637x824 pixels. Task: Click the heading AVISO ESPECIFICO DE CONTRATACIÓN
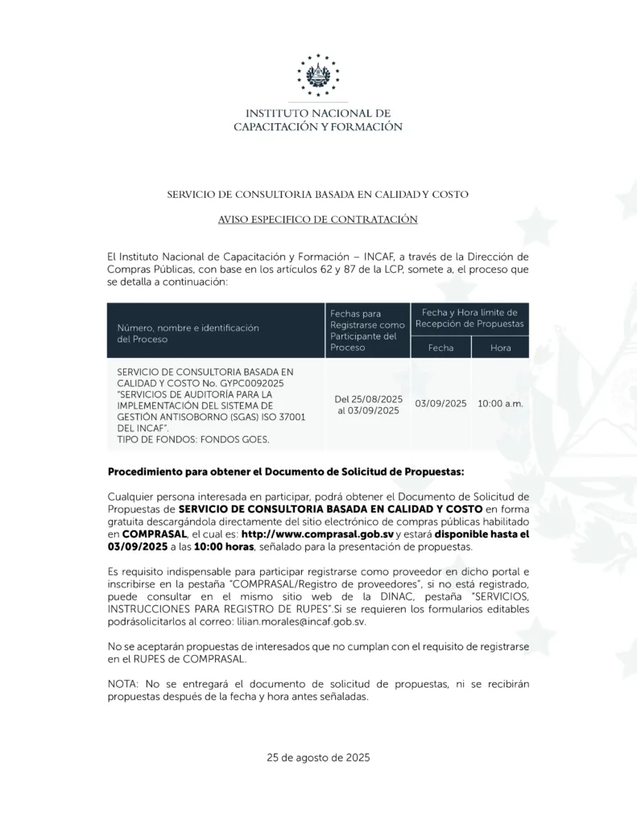pyautogui.click(x=317, y=219)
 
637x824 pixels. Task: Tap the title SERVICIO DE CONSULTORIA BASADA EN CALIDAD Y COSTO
pyautogui.click(x=317, y=194)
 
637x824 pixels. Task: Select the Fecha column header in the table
pyautogui.click(x=441, y=348)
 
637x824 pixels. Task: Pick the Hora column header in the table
pyautogui.click(x=500, y=348)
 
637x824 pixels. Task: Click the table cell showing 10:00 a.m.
pyautogui.click(x=500, y=403)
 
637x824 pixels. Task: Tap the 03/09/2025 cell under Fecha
pyautogui.click(x=441, y=403)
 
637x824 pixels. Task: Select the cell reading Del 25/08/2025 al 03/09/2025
pyautogui.click(x=368, y=405)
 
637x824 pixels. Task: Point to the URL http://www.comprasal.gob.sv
pyautogui.click(x=305, y=534)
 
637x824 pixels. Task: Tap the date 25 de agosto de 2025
pyautogui.click(x=318, y=757)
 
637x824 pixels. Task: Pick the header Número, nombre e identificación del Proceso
pyautogui.click(x=188, y=333)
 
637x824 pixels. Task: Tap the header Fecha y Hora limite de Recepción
pyautogui.click(x=469, y=318)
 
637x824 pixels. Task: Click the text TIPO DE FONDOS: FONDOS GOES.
pyautogui.click(x=193, y=439)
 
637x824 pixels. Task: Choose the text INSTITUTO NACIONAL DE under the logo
pyautogui.click(x=318, y=113)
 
